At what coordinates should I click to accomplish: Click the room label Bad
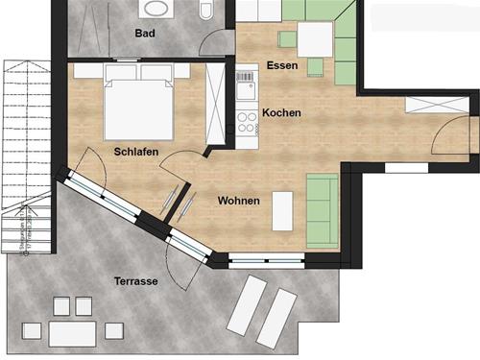coord(146,33)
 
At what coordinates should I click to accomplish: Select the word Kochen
coord(281,113)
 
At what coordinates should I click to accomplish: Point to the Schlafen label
coord(135,152)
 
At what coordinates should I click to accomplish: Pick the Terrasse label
coord(134,282)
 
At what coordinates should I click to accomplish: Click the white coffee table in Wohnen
coord(282,211)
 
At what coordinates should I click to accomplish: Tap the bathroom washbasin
coord(155,9)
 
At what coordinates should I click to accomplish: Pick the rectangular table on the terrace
coord(72,332)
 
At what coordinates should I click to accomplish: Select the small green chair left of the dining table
coord(286,39)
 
